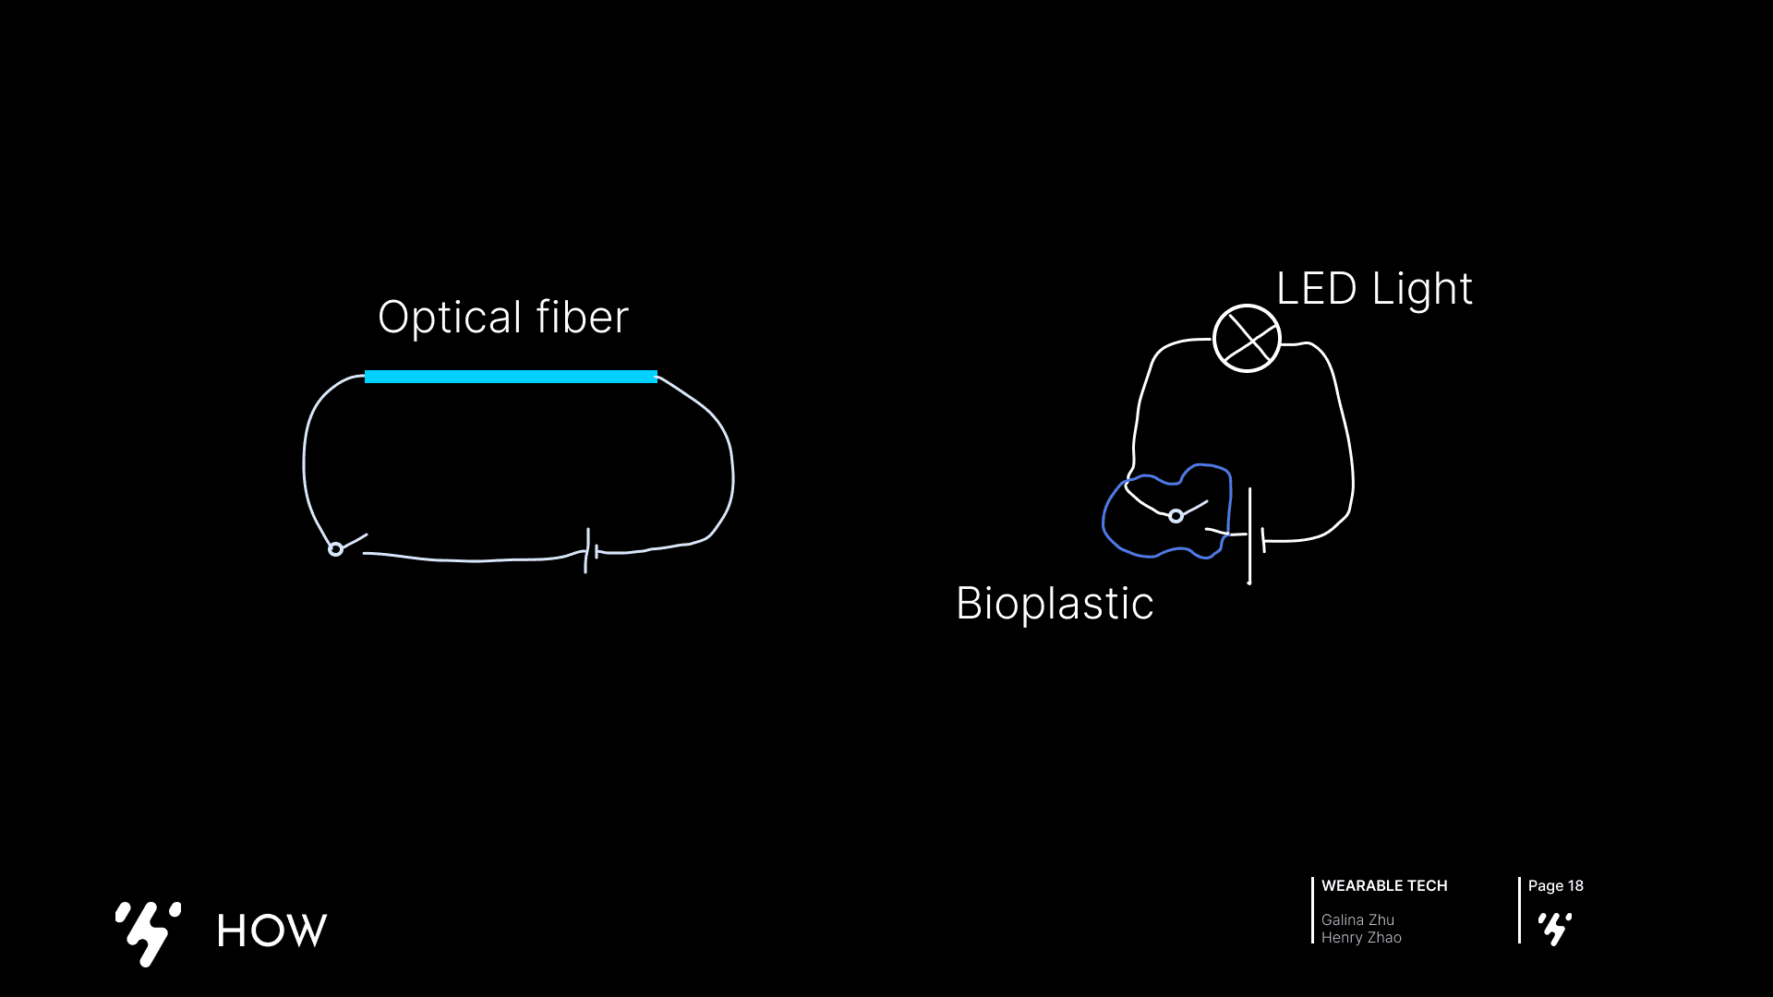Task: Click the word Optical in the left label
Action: [x=449, y=318]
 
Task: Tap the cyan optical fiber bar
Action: [x=511, y=377]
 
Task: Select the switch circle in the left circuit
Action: [x=336, y=549]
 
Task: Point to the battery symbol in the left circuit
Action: [x=591, y=551]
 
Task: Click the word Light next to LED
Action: [x=1422, y=290]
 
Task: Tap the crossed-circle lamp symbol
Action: [x=1247, y=339]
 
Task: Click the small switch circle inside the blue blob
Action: [x=1176, y=516]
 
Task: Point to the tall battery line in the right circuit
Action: [x=1249, y=535]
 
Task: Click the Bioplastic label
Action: [x=1055, y=604]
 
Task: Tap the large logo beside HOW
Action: [x=148, y=932]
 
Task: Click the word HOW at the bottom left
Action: [x=271, y=931]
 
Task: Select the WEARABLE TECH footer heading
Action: [x=1384, y=886]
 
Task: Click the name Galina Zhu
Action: [x=1357, y=919]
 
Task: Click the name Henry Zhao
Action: [x=1361, y=938]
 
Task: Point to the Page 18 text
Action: [x=1555, y=886]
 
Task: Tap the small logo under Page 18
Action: [x=1555, y=929]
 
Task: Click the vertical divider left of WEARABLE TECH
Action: [x=1312, y=910]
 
